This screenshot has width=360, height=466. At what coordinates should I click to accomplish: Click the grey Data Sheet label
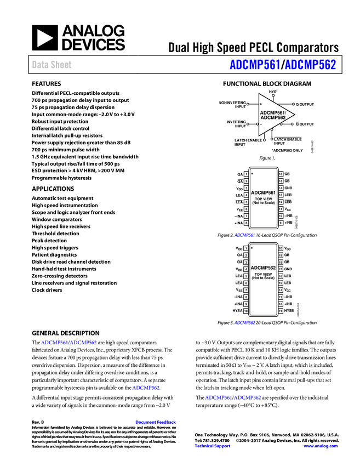pyautogui.click(x=52, y=65)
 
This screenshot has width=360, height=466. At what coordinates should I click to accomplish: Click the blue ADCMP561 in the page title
pyautogui.click(x=254, y=65)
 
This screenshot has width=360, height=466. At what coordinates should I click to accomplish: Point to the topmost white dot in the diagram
pyautogui.click(x=273, y=95)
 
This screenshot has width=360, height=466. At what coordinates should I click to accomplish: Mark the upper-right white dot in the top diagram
pyautogui.click(x=293, y=104)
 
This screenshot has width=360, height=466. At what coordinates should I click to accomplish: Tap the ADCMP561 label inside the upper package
pyautogui.click(x=263, y=192)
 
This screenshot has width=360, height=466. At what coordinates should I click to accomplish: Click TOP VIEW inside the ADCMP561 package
pyautogui.click(x=263, y=199)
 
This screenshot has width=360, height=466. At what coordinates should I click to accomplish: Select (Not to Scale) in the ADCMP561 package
pyautogui.click(x=263, y=203)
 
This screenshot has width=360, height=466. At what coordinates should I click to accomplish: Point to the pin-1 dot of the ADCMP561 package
pyautogui.click(x=252, y=173)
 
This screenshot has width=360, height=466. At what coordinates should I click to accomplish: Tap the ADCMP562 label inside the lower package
pyautogui.click(x=263, y=268)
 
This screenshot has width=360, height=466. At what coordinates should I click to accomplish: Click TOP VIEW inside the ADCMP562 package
pyautogui.click(x=263, y=274)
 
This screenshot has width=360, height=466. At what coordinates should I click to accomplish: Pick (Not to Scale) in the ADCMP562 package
pyautogui.click(x=263, y=278)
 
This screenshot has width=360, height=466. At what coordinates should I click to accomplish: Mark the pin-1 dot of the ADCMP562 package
pyautogui.click(x=252, y=248)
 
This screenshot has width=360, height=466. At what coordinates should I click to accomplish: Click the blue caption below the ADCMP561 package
pyautogui.click(x=244, y=235)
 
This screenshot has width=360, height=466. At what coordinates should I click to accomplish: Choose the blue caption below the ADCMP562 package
pyautogui.click(x=245, y=323)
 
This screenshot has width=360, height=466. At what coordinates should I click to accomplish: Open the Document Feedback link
pyautogui.click(x=156, y=422)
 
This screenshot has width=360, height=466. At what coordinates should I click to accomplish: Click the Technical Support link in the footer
pyautogui.click(x=213, y=446)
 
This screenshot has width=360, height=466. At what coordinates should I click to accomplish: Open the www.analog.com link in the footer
pyautogui.click(x=321, y=446)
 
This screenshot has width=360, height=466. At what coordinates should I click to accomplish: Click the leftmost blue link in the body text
pyautogui.click(x=54, y=343)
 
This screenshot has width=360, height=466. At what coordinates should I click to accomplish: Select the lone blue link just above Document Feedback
pyautogui.click(x=146, y=388)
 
